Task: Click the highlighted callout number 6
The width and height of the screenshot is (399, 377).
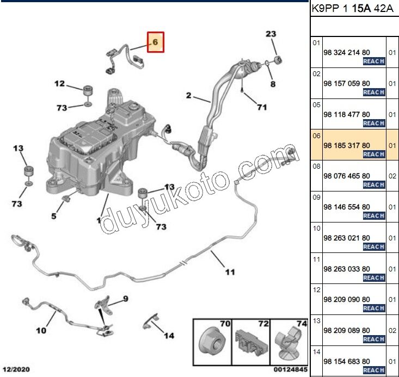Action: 155,42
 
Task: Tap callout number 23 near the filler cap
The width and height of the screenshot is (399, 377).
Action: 271,34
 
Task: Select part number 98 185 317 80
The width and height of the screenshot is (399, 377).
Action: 346,145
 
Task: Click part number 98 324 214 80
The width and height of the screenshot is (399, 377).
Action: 346,53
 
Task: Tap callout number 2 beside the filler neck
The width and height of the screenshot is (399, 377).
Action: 188,96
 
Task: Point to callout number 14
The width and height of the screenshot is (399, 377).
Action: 169,336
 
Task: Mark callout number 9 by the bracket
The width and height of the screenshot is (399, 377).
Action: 125,298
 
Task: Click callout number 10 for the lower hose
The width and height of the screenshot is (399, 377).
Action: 41,330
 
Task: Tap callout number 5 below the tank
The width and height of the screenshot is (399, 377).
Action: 54,216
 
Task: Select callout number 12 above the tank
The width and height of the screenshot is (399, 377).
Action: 59,84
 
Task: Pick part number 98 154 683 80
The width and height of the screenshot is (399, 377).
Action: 346,361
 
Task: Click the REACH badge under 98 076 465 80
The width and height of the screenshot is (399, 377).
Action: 374,184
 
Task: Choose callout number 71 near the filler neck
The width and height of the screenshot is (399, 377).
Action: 262,107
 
